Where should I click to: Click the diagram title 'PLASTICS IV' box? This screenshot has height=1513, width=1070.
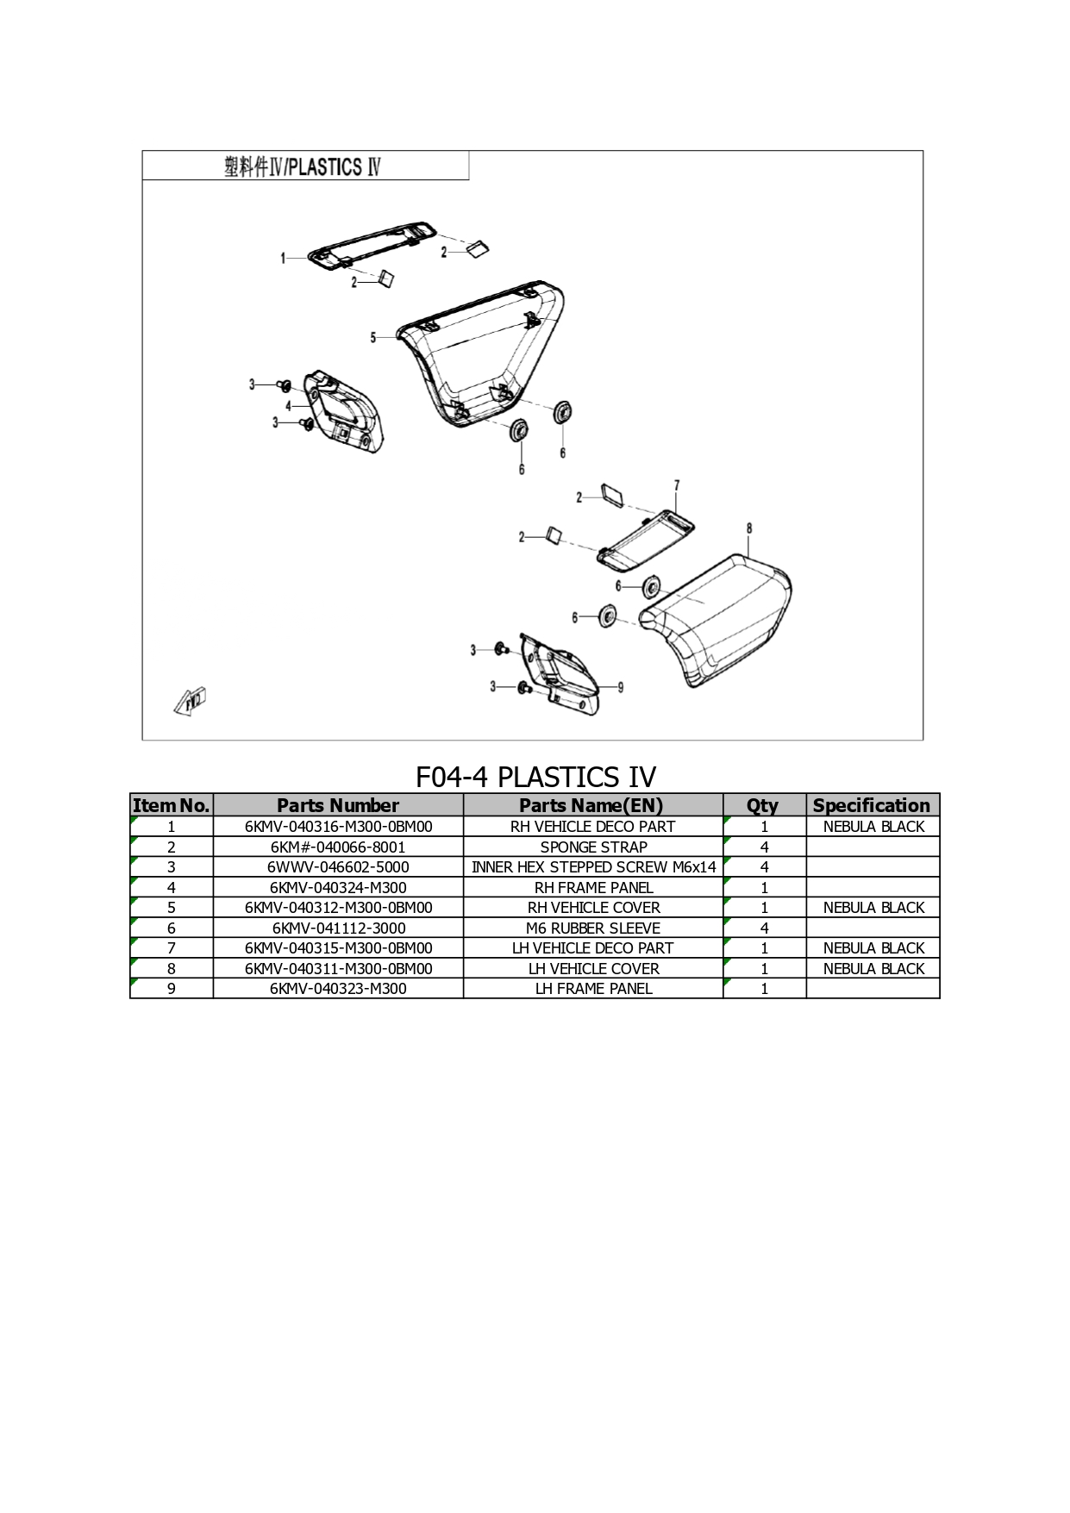click(305, 166)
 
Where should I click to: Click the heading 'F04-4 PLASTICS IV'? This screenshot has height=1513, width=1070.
click(535, 777)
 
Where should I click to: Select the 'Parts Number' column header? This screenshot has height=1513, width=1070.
click(338, 805)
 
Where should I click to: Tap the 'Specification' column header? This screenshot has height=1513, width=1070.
click(873, 805)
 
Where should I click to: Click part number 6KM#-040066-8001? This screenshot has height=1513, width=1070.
click(338, 847)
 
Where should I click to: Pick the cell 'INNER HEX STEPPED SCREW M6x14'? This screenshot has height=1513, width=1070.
click(593, 867)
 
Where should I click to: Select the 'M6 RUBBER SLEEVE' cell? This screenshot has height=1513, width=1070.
click(593, 928)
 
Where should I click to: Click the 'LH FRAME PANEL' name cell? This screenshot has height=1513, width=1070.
click(593, 989)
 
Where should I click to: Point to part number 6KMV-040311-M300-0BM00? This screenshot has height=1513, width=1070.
click(338, 969)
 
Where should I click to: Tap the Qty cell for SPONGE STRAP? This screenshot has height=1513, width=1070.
click(764, 847)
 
